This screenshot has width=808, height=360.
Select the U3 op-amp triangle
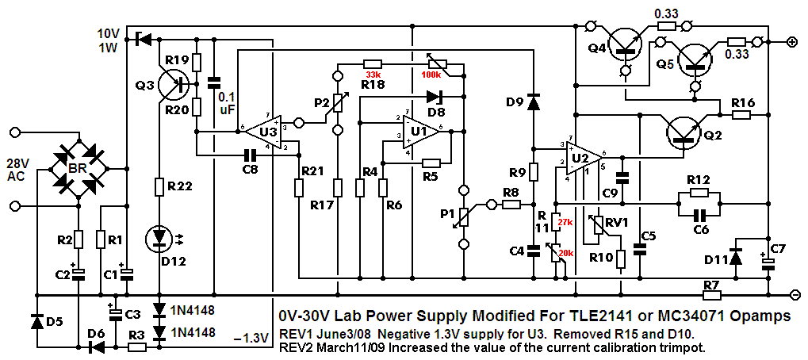pos(266,128)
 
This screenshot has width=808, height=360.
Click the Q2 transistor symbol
pos(683,130)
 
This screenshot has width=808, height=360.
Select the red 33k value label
pos(373,75)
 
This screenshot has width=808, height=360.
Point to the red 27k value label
pos(565,224)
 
